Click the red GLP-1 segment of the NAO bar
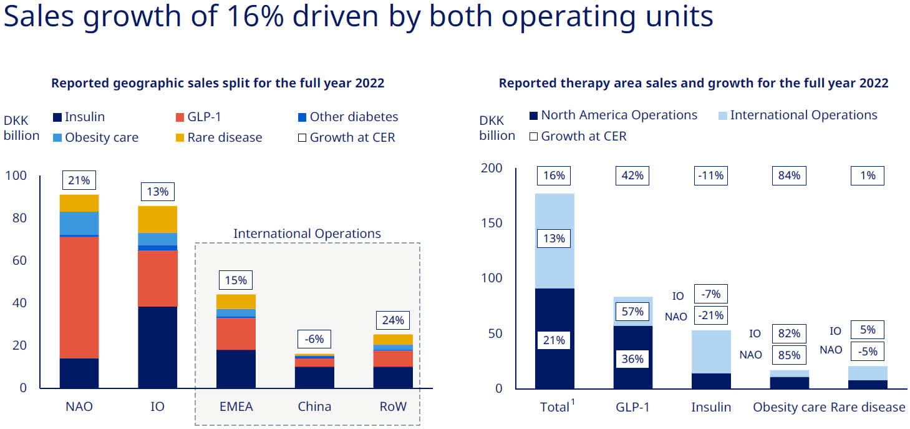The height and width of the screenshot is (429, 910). (79, 297)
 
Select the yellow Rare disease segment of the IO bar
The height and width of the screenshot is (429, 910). (157, 219)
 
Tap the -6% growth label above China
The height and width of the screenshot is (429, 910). (314, 339)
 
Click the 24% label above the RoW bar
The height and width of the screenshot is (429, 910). (392, 320)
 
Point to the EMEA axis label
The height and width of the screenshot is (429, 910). (236, 407)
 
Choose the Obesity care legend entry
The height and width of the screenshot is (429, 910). (101, 137)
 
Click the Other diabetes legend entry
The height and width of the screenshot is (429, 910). (353, 117)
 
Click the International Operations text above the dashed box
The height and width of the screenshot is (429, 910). (307, 234)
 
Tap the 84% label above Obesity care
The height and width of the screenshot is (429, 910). (789, 175)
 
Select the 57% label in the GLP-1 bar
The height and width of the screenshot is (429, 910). (632, 311)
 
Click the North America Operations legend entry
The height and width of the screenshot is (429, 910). (618, 115)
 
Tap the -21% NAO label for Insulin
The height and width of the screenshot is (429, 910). (710, 315)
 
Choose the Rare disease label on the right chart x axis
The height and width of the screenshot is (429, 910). (868, 407)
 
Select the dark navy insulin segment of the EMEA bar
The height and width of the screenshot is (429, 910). (236, 368)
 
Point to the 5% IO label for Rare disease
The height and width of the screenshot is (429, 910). (868, 330)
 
